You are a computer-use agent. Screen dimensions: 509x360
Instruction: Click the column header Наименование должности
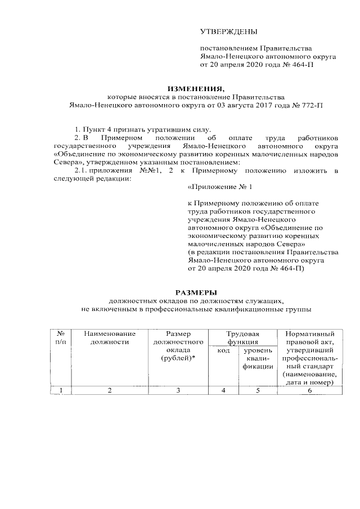[110, 337]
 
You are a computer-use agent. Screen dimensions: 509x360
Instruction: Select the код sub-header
[223, 350]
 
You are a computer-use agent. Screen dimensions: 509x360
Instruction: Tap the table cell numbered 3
[178, 390]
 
